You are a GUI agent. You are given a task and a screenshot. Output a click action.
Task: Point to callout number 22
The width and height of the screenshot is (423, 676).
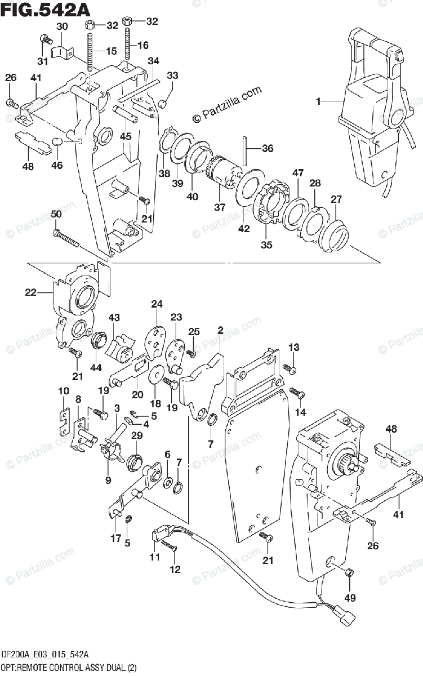pyautogui.click(x=30, y=291)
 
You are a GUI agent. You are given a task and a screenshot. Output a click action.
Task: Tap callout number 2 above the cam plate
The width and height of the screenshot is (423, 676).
pyautogui.click(x=220, y=330)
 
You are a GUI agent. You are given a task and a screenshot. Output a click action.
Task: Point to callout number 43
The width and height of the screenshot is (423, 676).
pyautogui.click(x=114, y=318)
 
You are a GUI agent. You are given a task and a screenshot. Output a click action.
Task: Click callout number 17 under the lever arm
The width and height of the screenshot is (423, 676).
pyautogui.click(x=115, y=539)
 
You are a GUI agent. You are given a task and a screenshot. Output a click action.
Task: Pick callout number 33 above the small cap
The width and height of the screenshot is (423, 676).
pyautogui.click(x=172, y=76)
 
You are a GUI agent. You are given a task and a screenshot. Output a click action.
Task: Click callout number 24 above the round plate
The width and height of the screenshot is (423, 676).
pyautogui.click(x=157, y=305)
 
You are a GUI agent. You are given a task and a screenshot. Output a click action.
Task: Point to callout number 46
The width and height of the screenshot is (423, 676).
pyautogui.click(x=57, y=165)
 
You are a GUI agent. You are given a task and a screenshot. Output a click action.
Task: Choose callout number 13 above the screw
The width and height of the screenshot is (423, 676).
pyautogui.click(x=294, y=346)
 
